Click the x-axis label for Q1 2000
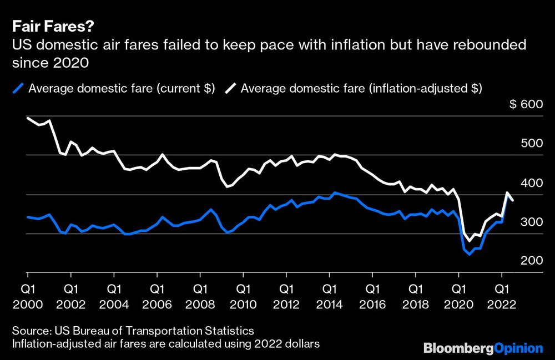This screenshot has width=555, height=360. pos(27,297)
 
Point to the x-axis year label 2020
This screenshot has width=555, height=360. pos(458,305)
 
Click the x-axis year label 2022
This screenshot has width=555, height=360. pos(502,305)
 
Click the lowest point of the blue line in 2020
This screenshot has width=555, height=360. pos(469,254)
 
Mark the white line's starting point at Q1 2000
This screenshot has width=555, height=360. pos(28,118)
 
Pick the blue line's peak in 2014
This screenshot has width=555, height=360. pos(335,192)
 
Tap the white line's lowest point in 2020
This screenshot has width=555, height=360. pos(469,241)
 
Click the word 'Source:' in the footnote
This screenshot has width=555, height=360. pos(29,332)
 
